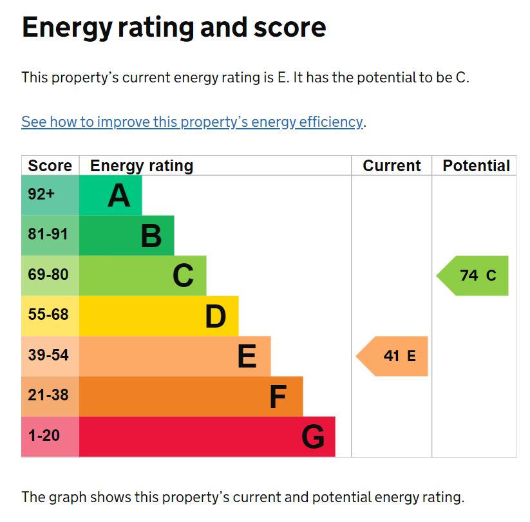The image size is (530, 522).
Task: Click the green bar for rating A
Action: pos(110,195)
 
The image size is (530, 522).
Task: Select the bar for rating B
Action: pos(126,236)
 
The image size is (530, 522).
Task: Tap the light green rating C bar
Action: pos(142,275)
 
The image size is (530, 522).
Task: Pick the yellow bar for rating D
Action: pos(158,316)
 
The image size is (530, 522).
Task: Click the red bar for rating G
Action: pos(207,436)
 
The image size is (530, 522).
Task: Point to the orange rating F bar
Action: pos(191,396)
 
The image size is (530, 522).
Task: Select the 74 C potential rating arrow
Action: pos(474,275)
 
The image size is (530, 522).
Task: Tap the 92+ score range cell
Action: pos(50,195)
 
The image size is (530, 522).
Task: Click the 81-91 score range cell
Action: pos(50,236)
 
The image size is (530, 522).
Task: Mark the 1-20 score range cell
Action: pos(50,436)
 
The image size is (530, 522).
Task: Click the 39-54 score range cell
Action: pos(50,356)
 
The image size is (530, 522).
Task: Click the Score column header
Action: pos(50,165)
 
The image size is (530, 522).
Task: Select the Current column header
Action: pos(392,165)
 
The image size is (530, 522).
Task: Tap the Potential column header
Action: pos(476,165)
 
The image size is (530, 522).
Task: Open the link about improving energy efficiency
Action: pos(192,122)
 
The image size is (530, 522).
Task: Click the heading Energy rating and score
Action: pos(174,28)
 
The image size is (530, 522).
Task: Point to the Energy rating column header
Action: pos(142,165)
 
